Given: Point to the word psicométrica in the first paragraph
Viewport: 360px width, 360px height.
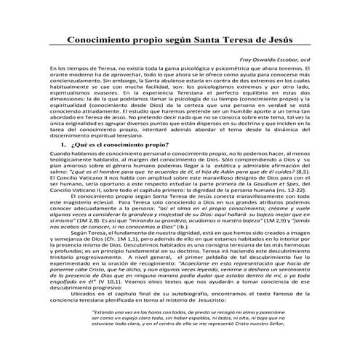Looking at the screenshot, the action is click(215, 68).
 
